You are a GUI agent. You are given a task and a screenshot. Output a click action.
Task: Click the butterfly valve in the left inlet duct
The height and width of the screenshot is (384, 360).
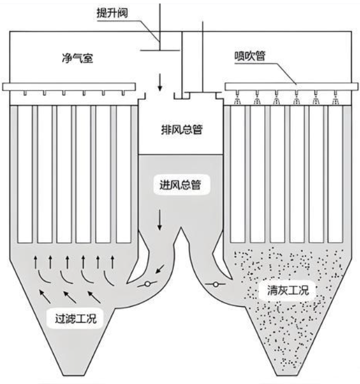point(148,284)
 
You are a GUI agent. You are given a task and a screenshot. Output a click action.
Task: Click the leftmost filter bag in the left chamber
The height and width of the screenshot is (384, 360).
point(25,173)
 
